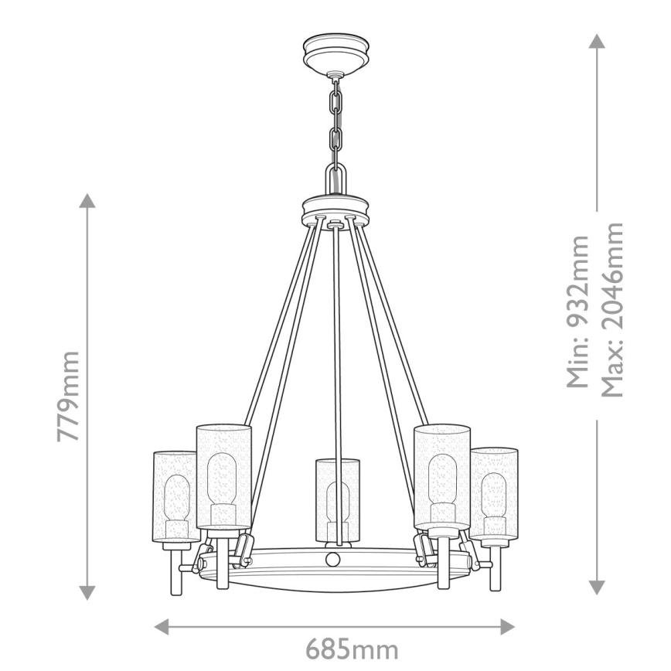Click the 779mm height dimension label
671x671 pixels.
point(69,395)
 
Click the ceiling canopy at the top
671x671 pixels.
point(335,53)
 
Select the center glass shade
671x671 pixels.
point(337,499)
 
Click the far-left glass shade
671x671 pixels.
point(175,495)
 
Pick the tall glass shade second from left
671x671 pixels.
point(224,475)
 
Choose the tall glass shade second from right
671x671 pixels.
point(442,475)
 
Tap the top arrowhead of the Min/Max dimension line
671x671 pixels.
point(596,40)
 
